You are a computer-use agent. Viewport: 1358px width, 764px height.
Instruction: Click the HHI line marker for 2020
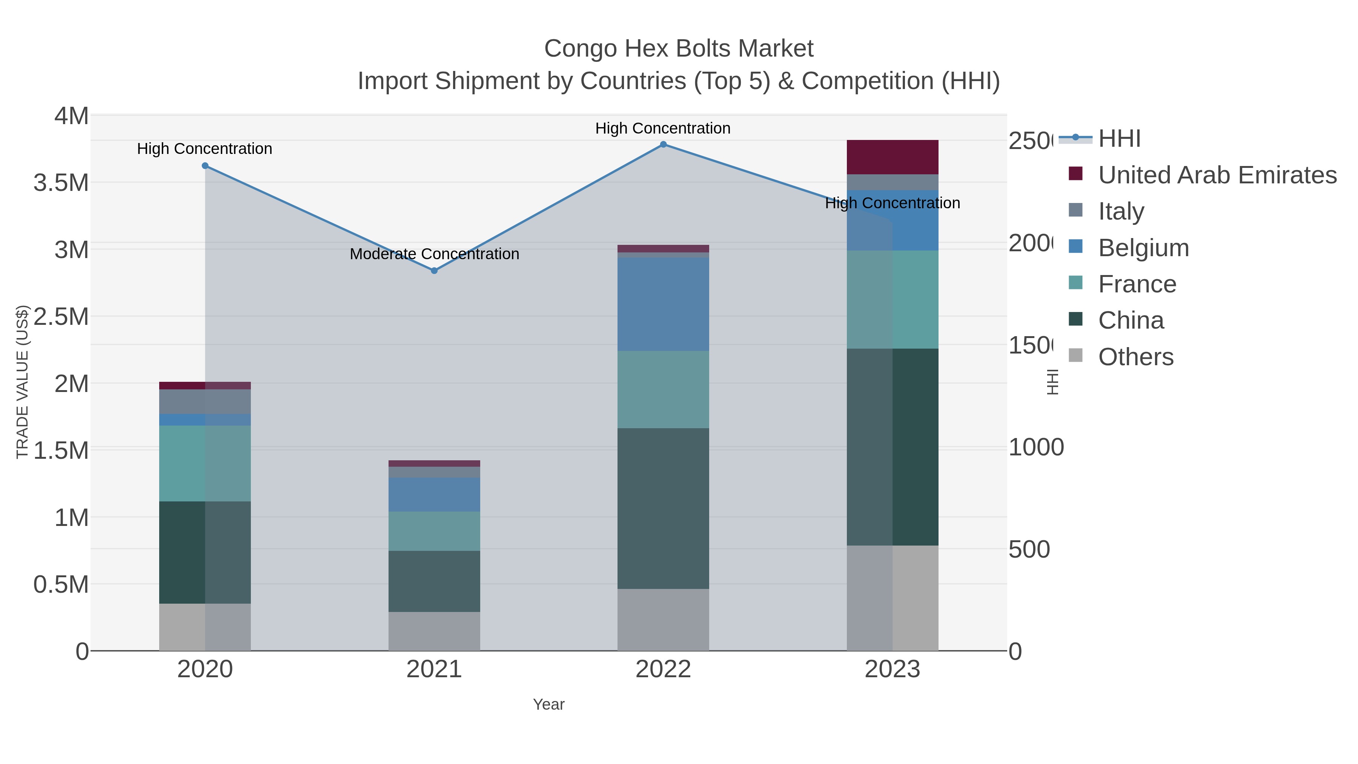click(205, 166)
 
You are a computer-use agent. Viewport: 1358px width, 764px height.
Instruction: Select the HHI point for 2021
click(435, 271)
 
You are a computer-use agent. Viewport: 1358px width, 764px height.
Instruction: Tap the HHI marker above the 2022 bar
click(663, 144)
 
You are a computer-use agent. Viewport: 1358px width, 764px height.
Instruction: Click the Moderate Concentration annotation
click(435, 254)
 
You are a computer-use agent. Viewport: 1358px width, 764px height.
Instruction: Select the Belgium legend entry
click(1143, 248)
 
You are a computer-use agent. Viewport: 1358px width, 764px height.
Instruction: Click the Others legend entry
click(1135, 357)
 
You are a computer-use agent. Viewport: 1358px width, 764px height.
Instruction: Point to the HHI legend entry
click(1119, 139)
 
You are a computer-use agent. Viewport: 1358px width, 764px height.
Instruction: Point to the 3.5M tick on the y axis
click(61, 183)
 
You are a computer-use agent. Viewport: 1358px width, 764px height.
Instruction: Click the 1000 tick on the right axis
click(1036, 447)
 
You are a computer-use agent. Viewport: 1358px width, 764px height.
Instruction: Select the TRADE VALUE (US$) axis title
click(22, 382)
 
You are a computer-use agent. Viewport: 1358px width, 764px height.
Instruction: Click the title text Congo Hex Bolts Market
click(679, 49)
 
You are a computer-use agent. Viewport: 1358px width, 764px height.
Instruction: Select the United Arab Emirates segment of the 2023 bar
click(892, 157)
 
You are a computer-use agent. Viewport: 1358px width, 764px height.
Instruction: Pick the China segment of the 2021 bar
click(435, 581)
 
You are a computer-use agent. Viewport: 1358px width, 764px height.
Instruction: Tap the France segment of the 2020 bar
click(205, 463)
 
